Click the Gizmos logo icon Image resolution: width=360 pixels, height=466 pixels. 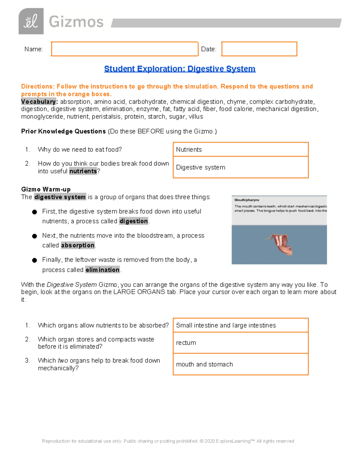coord(31,21)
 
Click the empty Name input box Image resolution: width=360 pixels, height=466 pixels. coord(124,49)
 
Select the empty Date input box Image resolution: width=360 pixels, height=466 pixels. coord(259,49)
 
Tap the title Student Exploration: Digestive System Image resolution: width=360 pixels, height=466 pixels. coord(180,69)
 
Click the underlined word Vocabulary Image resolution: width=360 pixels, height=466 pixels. coord(38,102)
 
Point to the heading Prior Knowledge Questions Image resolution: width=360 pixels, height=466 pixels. coord(63,131)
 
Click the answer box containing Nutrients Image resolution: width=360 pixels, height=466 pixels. coord(240,149)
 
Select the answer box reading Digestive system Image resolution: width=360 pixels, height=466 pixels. coord(240,167)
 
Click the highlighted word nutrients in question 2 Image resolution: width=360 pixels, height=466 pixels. coord(83,171)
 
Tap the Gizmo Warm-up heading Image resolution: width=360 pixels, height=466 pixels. coord(46,189)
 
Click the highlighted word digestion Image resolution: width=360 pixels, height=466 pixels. coord(133,221)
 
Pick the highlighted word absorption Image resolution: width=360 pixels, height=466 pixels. coord(78,245)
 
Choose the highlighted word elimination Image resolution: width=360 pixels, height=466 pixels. coord(102,270)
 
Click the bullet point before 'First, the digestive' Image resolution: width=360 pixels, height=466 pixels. coord(34,212)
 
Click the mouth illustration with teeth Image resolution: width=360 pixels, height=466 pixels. coord(280,243)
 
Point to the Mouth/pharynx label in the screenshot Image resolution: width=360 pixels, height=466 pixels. coord(247,200)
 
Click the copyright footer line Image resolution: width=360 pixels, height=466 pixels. coord(168,441)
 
